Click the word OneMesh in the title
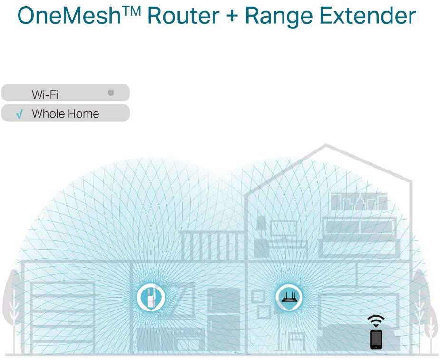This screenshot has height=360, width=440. point(69,16)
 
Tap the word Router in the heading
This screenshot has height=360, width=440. point(183,16)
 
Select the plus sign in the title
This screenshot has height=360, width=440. point(232,16)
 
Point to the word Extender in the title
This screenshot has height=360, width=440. point(367,16)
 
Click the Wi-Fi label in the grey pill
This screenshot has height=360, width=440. point(45,95)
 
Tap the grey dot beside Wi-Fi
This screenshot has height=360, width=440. point(111,92)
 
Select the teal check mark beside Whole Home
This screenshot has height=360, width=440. point(20,114)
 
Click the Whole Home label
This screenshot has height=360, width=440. point(65,114)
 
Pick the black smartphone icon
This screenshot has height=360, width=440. point(376,339)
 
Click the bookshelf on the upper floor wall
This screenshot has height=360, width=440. point(359,201)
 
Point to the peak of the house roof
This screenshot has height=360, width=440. point(325,145)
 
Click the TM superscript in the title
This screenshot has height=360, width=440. point(131,11)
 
